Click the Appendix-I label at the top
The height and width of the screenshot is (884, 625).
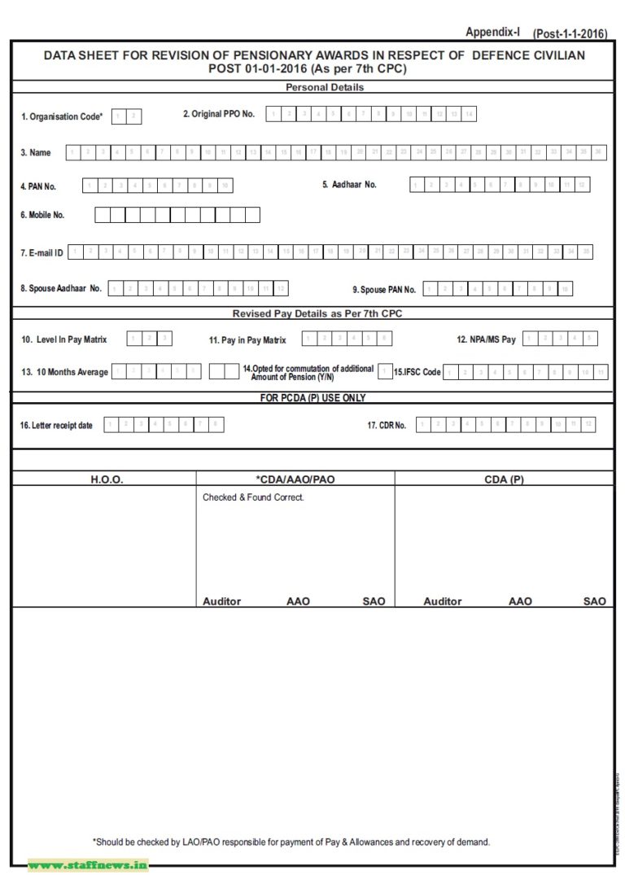[492, 32]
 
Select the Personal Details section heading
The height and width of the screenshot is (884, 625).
[325, 87]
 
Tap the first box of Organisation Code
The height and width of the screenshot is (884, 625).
[118, 116]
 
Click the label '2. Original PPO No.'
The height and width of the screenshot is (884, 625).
[218, 114]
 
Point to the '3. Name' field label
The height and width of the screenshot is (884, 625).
[35, 153]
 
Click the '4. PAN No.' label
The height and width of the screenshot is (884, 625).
[38, 187]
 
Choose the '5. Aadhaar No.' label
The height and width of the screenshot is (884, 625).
[349, 185]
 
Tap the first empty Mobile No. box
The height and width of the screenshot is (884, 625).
[103, 215]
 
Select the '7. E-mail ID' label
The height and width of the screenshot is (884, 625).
[42, 253]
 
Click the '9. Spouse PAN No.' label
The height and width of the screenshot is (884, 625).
[384, 290]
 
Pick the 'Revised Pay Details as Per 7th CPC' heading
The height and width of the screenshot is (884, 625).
[317, 313]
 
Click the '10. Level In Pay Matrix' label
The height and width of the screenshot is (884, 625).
[64, 339]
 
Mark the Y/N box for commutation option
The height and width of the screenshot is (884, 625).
[385, 371]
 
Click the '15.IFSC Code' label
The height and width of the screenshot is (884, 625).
[417, 372]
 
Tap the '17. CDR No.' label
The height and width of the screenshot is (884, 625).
[387, 425]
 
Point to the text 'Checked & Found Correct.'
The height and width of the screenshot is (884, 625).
[253, 497]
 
